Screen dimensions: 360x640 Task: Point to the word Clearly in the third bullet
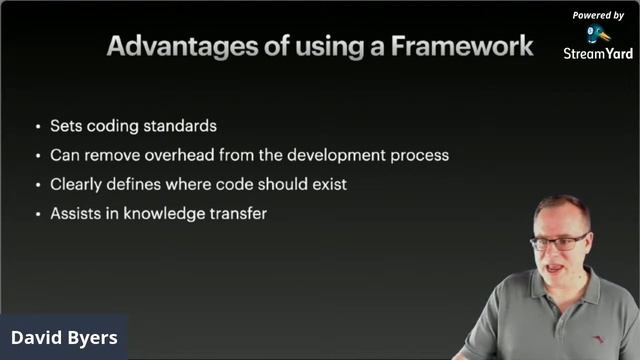pyautogui.click(x=76, y=184)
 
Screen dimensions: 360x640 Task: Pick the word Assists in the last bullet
pyautogui.click(x=76, y=213)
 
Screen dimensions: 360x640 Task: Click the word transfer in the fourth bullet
pyautogui.click(x=236, y=213)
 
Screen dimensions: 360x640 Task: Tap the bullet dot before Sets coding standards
pyautogui.click(x=38, y=128)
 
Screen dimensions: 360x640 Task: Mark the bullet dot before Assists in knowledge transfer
pyautogui.click(x=38, y=214)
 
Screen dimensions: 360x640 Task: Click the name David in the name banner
pyautogui.click(x=37, y=338)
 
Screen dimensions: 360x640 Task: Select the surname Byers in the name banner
pyautogui.click(x=93, y=338)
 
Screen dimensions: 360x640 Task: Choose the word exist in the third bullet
pyautogui.click(x=327, y=184)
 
